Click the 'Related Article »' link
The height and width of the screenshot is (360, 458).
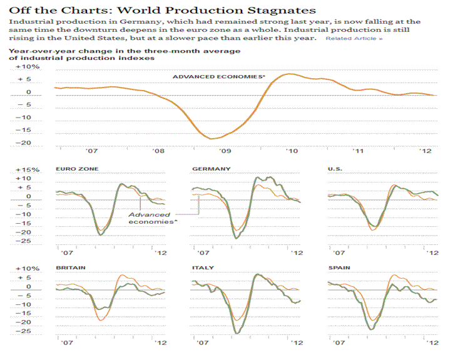354,39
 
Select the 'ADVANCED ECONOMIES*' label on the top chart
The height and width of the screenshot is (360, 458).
210,77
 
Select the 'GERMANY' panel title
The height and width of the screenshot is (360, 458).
211,169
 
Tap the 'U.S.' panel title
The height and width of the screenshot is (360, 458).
335,169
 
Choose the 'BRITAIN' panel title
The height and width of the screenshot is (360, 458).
71,267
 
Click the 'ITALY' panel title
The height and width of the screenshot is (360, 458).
203,267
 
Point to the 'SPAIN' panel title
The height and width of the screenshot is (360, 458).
339,267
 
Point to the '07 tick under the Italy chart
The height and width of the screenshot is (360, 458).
203,343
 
